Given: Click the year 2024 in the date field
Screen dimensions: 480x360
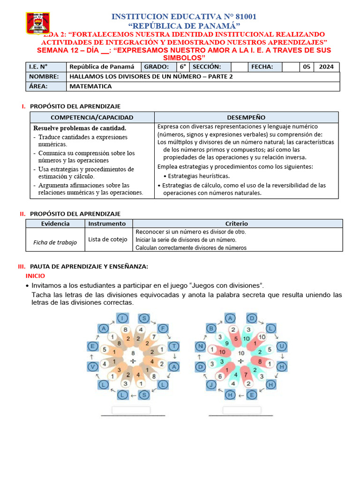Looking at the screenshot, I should point(326,67).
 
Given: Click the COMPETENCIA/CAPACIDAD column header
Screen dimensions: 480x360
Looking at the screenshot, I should point(92,118).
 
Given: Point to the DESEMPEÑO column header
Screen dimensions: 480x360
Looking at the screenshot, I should point(246,118).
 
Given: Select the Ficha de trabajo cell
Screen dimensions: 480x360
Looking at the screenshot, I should point(55,242).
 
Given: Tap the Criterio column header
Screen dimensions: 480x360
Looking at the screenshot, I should point(237,224).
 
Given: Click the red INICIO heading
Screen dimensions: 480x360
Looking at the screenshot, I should point(36,276).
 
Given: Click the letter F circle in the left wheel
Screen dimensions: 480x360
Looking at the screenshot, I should point(162,329).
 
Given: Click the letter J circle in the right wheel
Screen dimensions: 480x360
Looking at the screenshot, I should point(211,385).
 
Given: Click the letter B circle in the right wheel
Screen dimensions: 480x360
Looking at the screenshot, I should point(211,329).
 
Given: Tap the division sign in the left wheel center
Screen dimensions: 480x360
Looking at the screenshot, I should point(133,360).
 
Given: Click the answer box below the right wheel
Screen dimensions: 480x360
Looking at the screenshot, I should point(241,410).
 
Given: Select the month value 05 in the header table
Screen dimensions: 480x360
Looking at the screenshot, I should point(307,67).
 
